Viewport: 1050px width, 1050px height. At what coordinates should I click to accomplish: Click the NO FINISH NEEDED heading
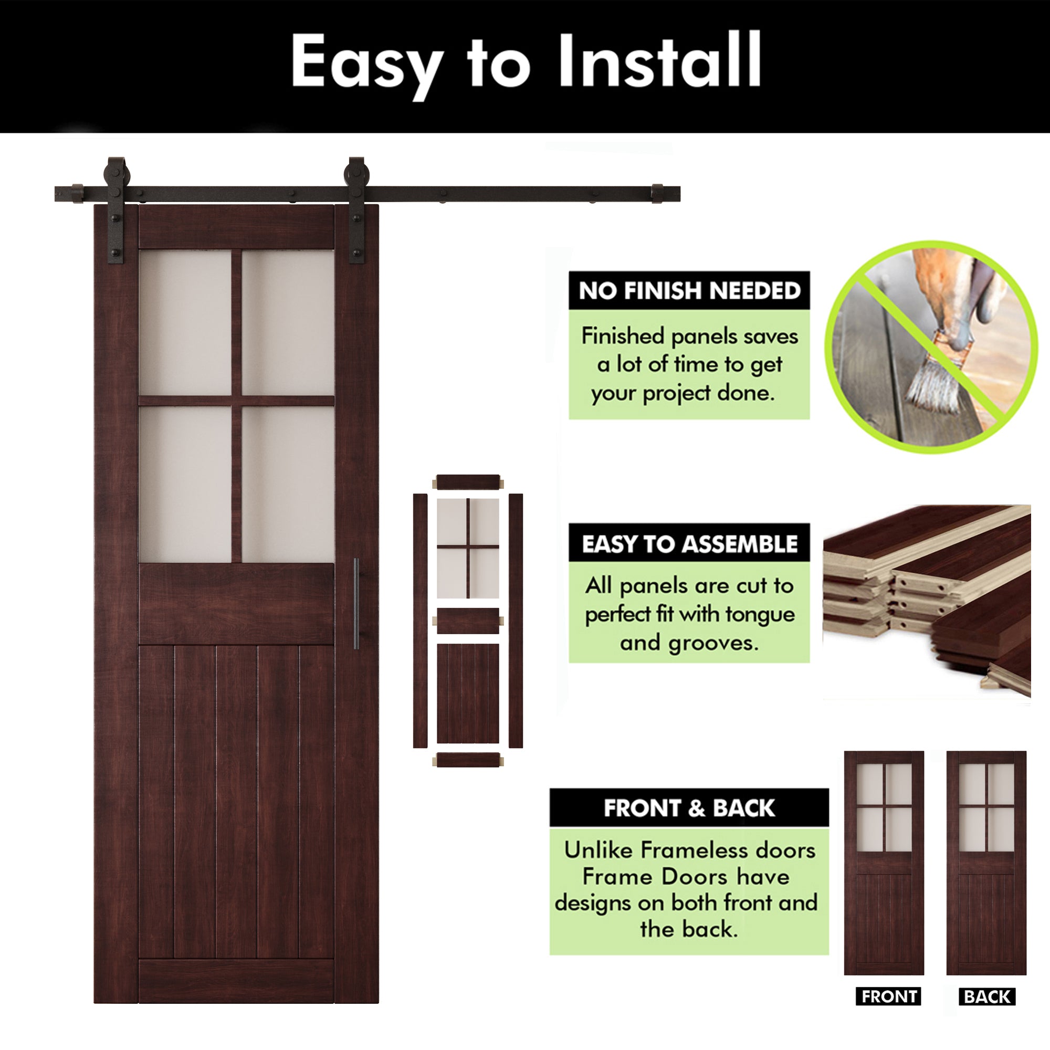tap(689, 291)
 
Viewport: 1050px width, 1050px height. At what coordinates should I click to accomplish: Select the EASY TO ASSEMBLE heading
tap(689, 544)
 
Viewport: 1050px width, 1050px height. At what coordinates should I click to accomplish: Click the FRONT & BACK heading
tap(689, 808)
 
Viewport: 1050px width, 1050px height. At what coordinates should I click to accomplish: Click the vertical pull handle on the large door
tap(356, 603)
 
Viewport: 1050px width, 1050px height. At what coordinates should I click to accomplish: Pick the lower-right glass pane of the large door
tap(288, 484)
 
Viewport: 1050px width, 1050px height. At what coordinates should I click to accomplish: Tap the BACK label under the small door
tap(987, 997)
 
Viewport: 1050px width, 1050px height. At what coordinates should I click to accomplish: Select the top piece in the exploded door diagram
tap(468, 482)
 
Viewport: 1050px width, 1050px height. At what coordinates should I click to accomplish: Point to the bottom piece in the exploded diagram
tap(468, 760)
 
